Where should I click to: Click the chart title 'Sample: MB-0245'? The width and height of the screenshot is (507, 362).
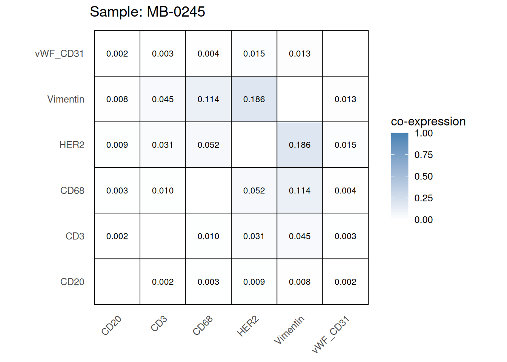pyautogui.click(x=147, y=12)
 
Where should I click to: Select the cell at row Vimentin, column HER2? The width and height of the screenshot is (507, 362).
pyautogui.click(x=254, y=99)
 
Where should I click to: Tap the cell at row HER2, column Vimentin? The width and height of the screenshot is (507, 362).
pyautogui.click(x=300, y=145)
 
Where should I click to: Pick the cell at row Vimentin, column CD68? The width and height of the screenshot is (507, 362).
pyautogui.click(x=208, y=99)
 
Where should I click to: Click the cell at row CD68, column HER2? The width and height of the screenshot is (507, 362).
pyautogui.click(x=254, y=190)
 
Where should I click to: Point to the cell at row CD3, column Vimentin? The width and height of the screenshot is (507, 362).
pyautogui.click(x=300, y=236)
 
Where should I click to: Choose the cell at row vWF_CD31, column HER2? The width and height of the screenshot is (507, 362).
pyautogui.click(x=254, y=54)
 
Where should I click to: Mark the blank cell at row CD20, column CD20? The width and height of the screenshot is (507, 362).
pyautogui.click(x=117, y=282)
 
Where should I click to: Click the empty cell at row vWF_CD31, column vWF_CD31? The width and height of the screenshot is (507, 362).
pyautogui.click(x=345, y=54)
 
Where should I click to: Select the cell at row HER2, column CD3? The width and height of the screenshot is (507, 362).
pyautogui.click(x=163, y=145)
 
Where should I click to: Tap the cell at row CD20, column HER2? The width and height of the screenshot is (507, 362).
pyautogui.click(x=254, y=282)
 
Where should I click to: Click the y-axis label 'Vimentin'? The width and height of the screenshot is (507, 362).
pyautogui.click(x=66, y=99)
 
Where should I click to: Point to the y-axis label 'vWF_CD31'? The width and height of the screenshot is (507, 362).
pyautogui.click(x=59, y=54)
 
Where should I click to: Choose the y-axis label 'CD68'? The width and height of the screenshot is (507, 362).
pyautogui.click(x=72, y=190)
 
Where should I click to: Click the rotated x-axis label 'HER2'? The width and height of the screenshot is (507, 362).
pyautogui.click(x=248, y=327)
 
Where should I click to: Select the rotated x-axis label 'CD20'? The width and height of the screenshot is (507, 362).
pyautogui.click(x=112, y=325)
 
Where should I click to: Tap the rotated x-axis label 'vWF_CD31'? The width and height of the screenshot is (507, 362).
pyautogui.click(x=331, y=335)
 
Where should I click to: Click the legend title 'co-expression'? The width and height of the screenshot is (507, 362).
pyautogui.click(x=428, y=121)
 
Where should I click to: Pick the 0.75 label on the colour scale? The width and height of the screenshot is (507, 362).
pyautogui.click(x=423, y=155)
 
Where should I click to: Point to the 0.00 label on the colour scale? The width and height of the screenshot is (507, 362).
pyautogui.click(x=423, y=220)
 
